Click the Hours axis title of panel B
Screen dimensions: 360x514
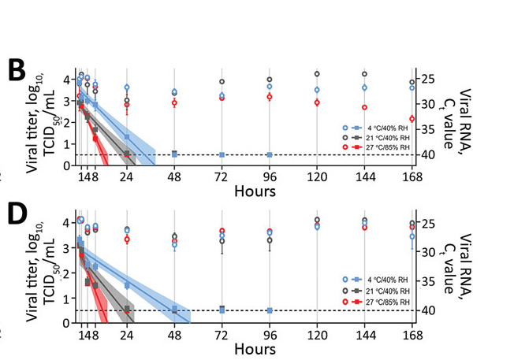point(254,192)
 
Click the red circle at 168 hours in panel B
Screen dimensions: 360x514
point(412,119)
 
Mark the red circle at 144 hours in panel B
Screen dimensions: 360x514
point(364,107)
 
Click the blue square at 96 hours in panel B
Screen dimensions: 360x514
point(269,154)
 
